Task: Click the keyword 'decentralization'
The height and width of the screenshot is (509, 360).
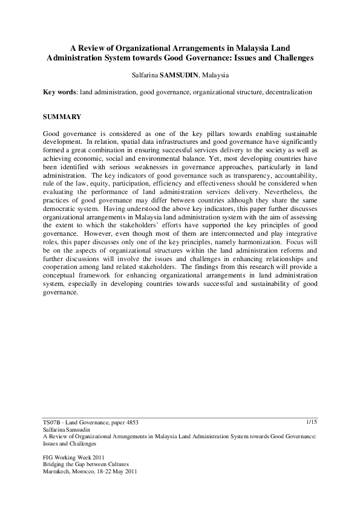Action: pos(289,92)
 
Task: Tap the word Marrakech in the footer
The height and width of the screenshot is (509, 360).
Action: pos(57,471)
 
